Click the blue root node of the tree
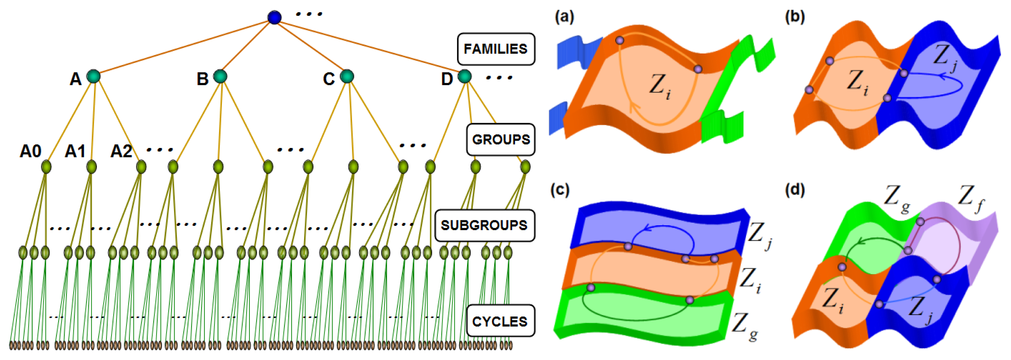point(274,17)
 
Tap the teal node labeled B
point(220,76)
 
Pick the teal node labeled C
point(347,76)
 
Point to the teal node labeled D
point(465,76)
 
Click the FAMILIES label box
point(496,49)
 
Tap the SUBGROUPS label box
point(484,225)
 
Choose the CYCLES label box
point(500,321)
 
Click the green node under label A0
point(46,167)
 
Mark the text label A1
point(75,151)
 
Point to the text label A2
point(121,151)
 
